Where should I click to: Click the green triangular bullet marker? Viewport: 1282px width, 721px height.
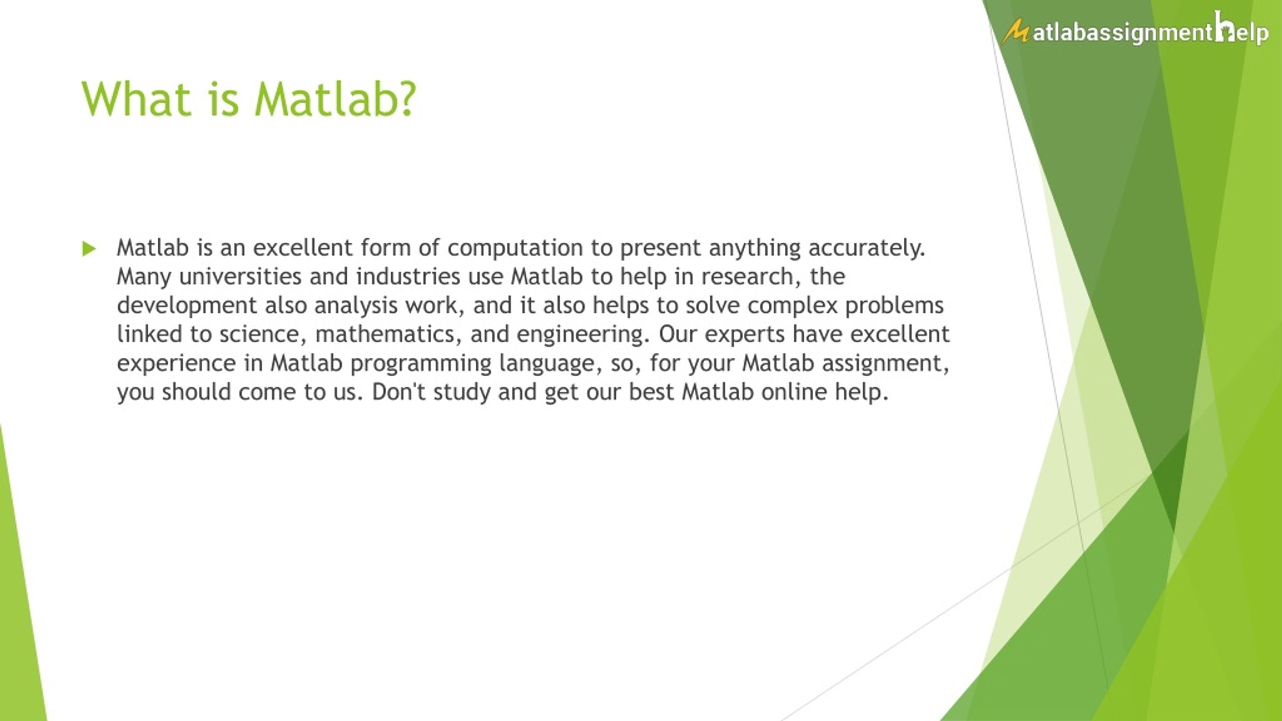(89, 249)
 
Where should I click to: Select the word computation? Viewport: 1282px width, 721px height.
(515, 248)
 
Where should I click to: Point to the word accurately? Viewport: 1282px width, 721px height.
(867, 248)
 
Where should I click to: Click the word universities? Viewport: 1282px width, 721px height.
(240, 276)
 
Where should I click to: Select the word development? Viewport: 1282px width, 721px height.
(187, 305)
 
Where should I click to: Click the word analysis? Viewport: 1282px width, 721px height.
(356, 305)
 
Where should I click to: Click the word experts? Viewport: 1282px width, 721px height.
(744, 334)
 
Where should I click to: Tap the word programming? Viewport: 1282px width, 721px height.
(421, 363)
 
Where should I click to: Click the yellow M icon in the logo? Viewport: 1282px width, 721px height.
(1016, 32)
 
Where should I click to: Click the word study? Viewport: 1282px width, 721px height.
(462, 392)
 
